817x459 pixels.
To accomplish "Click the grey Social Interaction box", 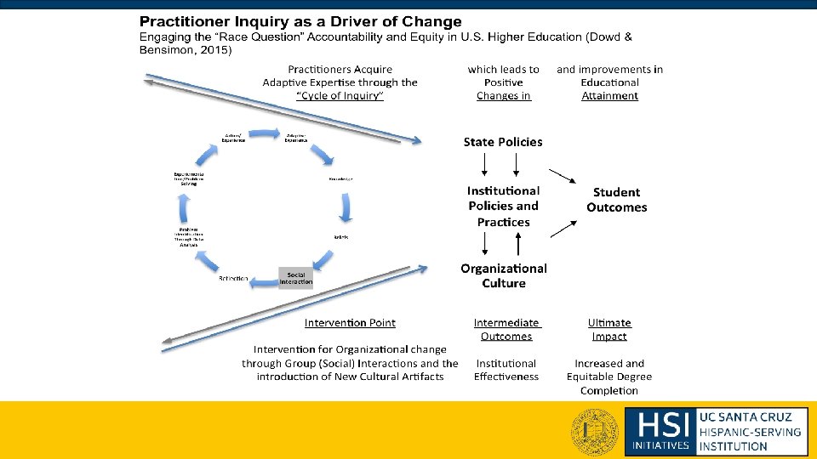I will tap(295, 278).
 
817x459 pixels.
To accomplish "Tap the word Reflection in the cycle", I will tap(233, 279).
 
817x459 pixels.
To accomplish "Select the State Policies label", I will tap(502, 142).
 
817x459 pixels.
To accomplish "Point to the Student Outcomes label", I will tap(616, 200).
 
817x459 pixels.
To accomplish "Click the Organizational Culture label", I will tap(504, 275).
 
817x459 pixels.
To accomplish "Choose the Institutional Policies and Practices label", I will tap(503, 207).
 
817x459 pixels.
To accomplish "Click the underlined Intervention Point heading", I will tap(350, 323).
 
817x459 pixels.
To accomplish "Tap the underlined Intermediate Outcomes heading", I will tap(506, 329).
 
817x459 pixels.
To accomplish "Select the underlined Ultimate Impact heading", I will tap(609, 329).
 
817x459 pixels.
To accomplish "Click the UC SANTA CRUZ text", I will tap(745, 416).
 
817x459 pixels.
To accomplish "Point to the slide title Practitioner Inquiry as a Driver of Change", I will tap(300, 21).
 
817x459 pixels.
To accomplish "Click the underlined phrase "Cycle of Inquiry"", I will tap(340, 96).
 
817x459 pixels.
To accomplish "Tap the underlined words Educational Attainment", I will tap(609, 89).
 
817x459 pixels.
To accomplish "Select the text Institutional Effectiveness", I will tap(506, 370).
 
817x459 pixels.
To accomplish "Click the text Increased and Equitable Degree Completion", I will tap(609, 377).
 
